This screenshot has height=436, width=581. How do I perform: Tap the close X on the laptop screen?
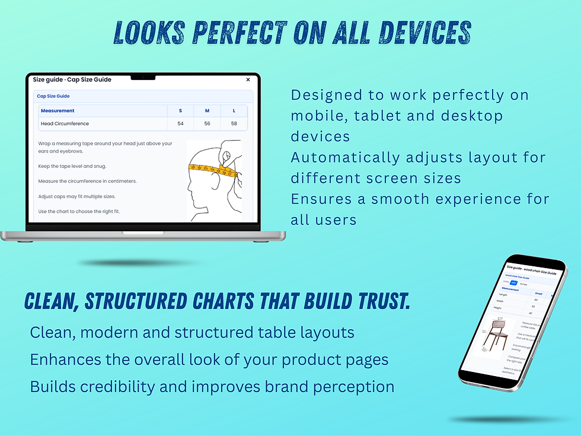coord(248,79)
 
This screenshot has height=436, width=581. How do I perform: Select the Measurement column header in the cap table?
coord(58,111)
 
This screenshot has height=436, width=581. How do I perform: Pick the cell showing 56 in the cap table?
coord(207,124)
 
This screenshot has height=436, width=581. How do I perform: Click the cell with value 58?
coord(234,124)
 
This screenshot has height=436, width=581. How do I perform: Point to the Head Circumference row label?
coord(65,124)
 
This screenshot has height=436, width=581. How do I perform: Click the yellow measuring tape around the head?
coord(212,171)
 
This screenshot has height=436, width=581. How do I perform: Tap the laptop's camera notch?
coord(143,77)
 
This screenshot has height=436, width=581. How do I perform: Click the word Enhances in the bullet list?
coord(65,359)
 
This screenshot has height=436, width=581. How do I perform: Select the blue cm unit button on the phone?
coord(513,282)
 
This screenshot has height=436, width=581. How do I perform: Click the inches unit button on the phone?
coord(523,284)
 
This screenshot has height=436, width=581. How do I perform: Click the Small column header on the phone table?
coord(538,294)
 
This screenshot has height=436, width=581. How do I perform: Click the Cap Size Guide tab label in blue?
coord(53,96)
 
